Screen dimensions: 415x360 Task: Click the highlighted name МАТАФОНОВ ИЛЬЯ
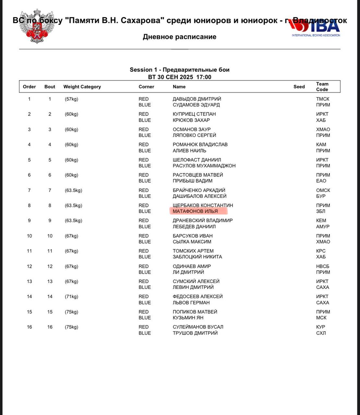(x=195, y=211)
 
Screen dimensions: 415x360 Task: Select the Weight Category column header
(x=82, y=87)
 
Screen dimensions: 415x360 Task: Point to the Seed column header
(x=299, y=87)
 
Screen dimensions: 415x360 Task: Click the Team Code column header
(x=322, y=87)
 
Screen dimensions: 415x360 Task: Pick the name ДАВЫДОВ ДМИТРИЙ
(x=197, y=99)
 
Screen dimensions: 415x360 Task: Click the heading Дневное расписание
(x=179, y=37)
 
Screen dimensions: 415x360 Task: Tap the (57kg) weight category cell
(x=71, y=99)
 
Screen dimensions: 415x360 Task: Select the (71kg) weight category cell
(x=71, y=297)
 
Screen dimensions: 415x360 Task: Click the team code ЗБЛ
(x=320, y=211)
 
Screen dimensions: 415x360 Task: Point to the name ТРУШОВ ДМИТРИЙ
(x=195, y=333)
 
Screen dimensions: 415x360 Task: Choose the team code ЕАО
(x=321, y=181)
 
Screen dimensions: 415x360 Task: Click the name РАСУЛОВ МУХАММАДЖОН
(x=204, y=166)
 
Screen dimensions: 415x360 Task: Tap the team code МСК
(x=321, y=318)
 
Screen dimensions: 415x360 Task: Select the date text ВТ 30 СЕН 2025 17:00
(x=179, y=77)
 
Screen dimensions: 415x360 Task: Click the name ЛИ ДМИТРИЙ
(x=188, y=272)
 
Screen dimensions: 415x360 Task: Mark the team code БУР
(x=320, y=196)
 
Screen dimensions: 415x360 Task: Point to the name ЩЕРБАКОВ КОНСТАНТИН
(x=203, y=205)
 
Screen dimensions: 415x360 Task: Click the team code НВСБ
(x=322, y=266)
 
